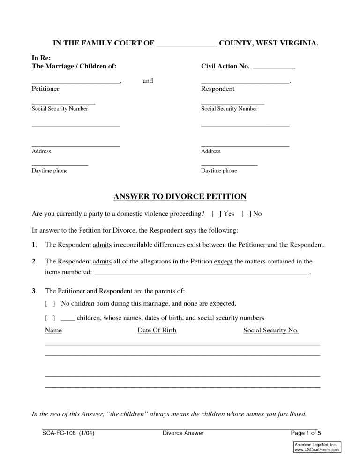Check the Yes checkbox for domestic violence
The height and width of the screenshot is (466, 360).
[217, 214]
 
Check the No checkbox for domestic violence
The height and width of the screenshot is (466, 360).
[246, 214]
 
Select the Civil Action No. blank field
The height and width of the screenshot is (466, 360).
[274, 67]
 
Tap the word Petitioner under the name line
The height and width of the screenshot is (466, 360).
[45, 89]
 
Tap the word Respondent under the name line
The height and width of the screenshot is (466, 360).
[217, 89]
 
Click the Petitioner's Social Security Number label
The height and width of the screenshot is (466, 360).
[60, 109]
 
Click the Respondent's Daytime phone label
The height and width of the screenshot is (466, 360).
[219, 171]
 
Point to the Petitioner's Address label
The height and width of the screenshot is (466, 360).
[41, 151]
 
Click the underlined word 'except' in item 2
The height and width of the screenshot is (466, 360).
[223, 262]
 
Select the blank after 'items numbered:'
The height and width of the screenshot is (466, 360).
[202, 272]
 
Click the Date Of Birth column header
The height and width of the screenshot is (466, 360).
[157, 331]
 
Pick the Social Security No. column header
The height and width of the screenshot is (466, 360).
[271, 331]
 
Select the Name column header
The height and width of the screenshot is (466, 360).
[53, 331]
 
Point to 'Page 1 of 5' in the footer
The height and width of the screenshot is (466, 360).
[306, 433]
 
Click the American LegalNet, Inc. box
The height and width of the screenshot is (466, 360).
[317, 447]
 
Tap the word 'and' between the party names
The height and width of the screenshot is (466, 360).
[148, 81]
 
